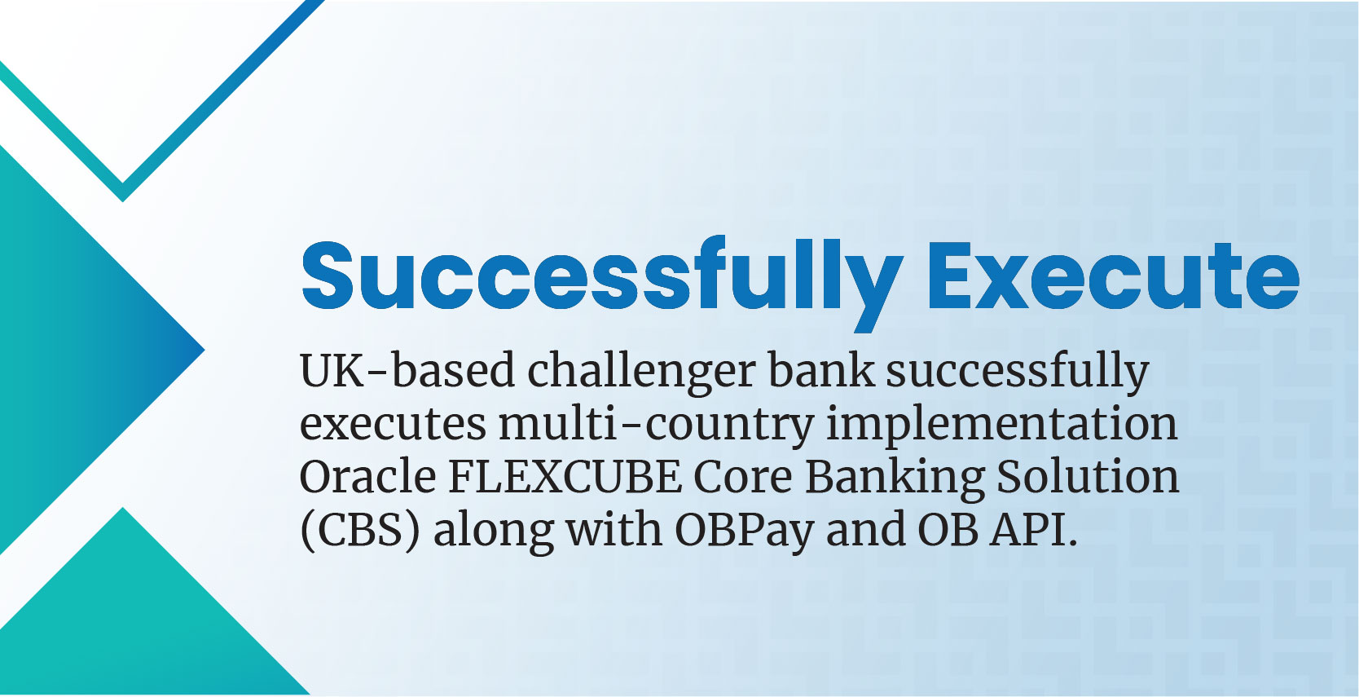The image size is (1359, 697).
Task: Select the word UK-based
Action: click(x=407, y=370)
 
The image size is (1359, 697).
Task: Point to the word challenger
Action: click(x=641, y=373)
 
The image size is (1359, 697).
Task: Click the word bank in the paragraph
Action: click(x=821, y=370)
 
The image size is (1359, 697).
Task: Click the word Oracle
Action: click(x=367, y=476)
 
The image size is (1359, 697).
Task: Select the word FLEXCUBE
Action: click(x=565, y=477)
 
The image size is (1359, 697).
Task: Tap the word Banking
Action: click(x=895, y=479)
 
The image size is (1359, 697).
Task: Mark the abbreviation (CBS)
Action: click(x=360, y=531)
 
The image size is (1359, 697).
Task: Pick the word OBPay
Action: click(x=745, y=532)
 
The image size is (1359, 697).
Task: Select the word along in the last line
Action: click(x=493, y=532)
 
